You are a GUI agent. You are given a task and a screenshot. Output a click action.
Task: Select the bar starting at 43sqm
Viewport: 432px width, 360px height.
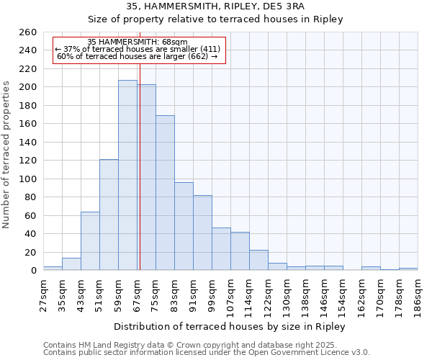point(90,241)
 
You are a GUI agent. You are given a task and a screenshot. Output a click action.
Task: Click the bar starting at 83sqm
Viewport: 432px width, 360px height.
point(184,226)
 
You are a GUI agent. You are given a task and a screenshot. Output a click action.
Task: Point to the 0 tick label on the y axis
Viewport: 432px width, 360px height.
point(33,271)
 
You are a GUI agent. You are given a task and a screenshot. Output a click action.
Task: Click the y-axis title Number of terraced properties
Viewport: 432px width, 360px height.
point(7,155)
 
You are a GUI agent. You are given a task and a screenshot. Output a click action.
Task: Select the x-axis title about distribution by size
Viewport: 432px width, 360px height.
point(230,326)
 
